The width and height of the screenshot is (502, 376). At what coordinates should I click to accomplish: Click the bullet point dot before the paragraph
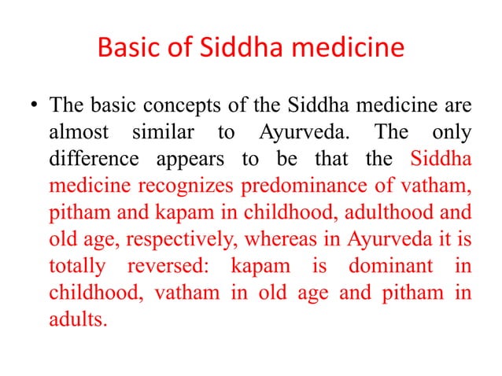pos(32,105)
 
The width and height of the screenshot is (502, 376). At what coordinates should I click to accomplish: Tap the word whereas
pos(263,238)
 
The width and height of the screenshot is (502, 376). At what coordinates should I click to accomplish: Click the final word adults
pos(77,319)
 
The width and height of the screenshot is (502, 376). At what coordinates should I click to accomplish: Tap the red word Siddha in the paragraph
pos(441,158)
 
